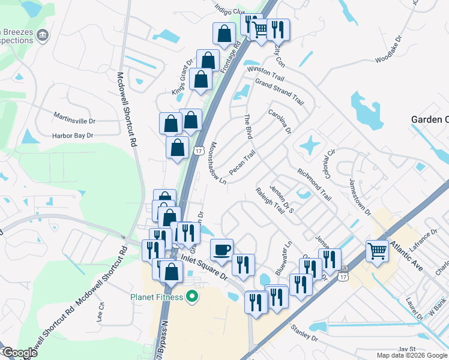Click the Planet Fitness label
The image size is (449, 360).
point(158,296)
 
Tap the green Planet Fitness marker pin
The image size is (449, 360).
point(192,296)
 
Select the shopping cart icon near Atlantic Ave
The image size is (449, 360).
point(377,250)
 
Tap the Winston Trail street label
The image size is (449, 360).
point(265,74)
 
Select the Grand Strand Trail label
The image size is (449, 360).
point(279,91)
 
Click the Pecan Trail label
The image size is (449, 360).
point(242,159)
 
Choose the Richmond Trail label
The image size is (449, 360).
point(314,184)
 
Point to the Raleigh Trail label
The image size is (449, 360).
point(269,200)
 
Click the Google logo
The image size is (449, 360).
point(19,353)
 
